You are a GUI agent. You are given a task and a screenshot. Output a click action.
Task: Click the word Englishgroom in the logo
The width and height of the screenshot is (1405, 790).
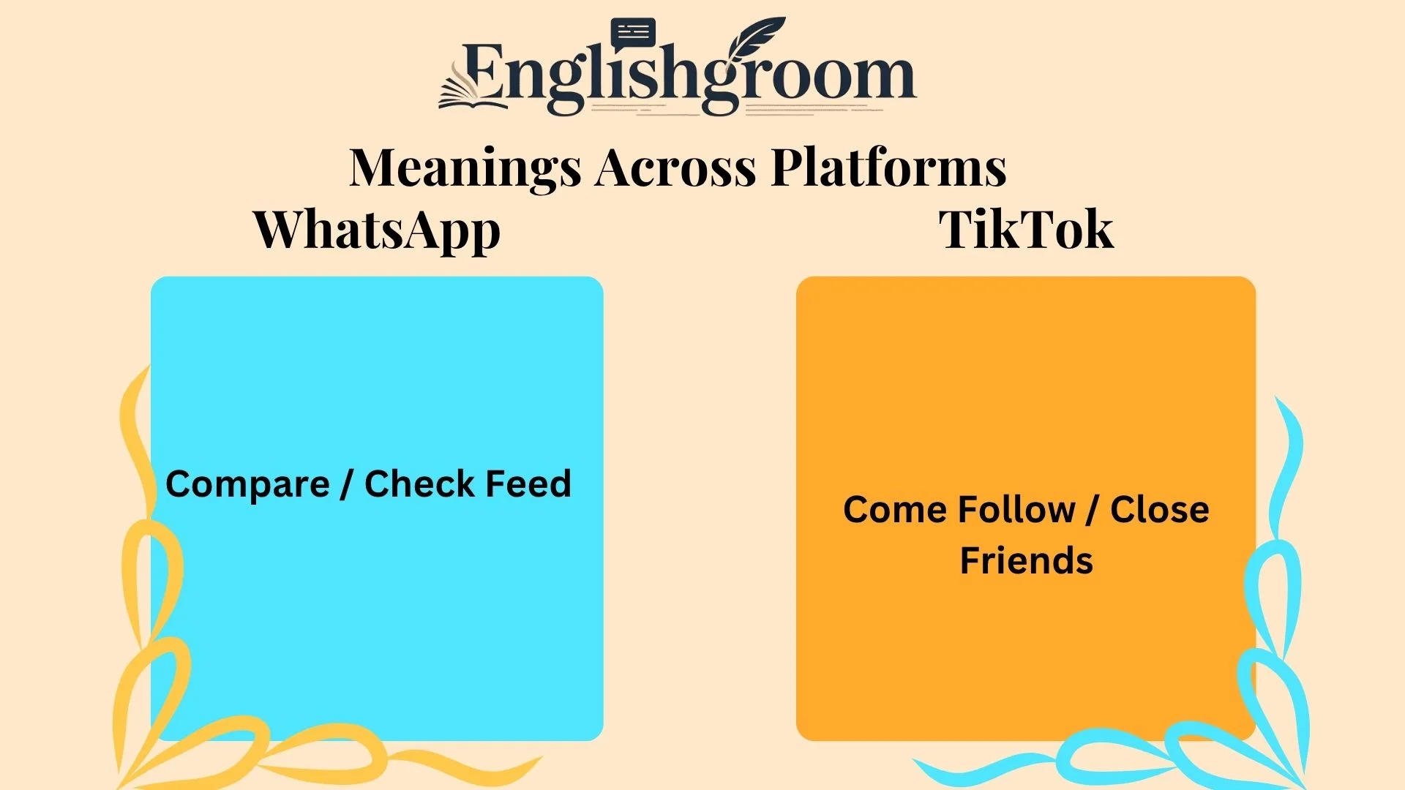[x=688, y=77]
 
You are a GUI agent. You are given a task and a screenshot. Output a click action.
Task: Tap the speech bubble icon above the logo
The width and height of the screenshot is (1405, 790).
[x=633, y=34]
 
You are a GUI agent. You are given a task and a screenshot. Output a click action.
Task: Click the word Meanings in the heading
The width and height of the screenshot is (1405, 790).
[x=465, y=168]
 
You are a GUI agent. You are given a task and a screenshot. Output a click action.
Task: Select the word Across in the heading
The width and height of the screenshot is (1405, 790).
[x=675, y=168]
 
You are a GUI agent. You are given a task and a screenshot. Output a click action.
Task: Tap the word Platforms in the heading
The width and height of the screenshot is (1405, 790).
[x=888, y=168]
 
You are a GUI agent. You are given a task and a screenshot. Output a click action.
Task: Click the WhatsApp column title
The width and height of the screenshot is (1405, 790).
[x=377, y=230]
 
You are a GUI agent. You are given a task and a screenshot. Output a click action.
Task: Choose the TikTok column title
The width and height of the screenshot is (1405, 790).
[x=1026, y=230]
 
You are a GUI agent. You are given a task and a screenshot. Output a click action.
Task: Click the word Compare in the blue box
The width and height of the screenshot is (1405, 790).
[x=247, y=484]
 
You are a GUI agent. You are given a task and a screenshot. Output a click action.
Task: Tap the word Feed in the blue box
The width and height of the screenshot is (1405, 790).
[x=528, y=484]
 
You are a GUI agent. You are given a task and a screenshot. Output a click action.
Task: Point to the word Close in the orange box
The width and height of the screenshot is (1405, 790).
[x=1159, y=510]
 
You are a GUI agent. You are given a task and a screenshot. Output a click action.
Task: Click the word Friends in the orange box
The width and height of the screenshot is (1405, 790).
[x=1026, y=561]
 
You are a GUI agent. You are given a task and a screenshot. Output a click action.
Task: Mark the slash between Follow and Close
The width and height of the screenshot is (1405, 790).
[x=1092, y=511]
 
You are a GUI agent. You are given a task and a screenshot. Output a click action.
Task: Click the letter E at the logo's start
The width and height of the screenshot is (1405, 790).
[x=482, y=72]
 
